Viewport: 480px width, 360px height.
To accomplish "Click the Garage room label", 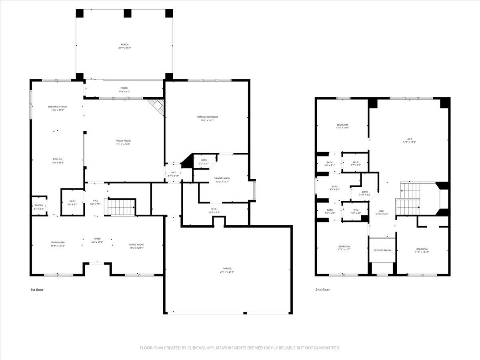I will (227, 268).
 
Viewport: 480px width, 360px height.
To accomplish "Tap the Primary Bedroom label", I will (207, 117).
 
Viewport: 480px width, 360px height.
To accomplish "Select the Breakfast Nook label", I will (58, 107).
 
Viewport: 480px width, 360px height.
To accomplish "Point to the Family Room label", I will (123, 141).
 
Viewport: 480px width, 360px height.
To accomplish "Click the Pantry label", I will (39, 205).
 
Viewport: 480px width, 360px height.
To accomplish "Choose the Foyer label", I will (97, 238).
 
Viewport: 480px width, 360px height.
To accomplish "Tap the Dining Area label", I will (58, 242).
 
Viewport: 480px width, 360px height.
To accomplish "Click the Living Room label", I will (136, 244).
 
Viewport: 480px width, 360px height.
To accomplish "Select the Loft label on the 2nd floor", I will (409, 139).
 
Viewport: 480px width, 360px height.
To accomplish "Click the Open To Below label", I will (382, 250).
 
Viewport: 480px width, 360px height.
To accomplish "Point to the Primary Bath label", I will (222, 178).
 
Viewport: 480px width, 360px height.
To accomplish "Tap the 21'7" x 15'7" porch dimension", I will (125, 48).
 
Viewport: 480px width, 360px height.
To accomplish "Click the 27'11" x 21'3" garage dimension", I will (227, 272).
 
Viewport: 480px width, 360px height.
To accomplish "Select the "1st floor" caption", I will (37, 290).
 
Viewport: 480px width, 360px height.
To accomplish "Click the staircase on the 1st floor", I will (122, 207).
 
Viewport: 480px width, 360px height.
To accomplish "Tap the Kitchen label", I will (58, 159).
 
